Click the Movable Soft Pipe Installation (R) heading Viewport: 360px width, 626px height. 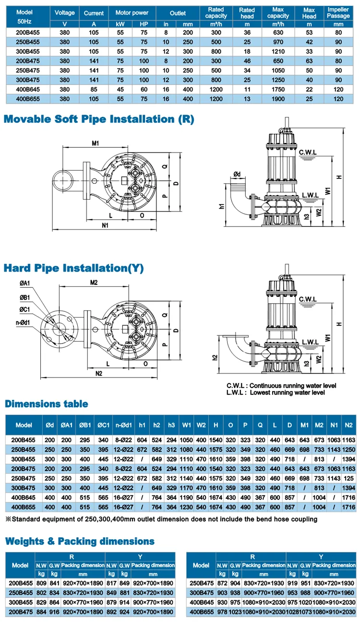pos(99,119)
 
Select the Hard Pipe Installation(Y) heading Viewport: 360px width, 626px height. pos(73,268)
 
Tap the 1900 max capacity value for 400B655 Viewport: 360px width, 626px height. pos(277,99)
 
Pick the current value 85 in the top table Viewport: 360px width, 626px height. pos(94,89)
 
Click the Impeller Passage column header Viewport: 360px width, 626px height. pos(338,13)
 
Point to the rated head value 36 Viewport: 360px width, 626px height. pos(247,33)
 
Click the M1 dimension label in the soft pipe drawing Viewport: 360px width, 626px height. pos(95,143)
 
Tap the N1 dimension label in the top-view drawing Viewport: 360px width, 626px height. pos(105,225)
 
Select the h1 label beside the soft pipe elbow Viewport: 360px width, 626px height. pos(222,207)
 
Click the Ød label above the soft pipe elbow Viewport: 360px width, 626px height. pos(237,174)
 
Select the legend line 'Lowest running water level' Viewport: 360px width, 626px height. pos(276,392)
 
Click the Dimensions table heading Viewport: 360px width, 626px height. pos(47,404)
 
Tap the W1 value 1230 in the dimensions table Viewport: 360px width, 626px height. pos(187,507)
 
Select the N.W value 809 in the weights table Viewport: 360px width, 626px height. pos(41,582)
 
